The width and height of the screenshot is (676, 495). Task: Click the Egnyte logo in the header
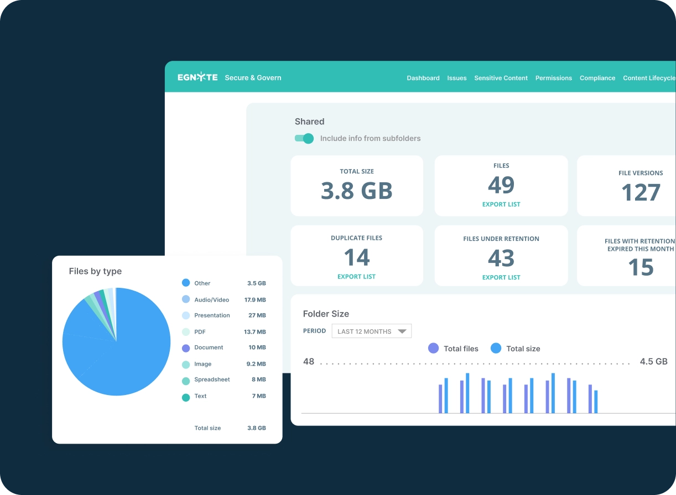[x=197, y=78]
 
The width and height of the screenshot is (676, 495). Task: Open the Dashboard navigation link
[x=423, y=78]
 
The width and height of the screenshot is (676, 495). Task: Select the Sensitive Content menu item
[x=501, y=78]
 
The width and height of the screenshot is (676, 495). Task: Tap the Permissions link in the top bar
[x=553, y=78]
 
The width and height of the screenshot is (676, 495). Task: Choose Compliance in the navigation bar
[x=597, y=78]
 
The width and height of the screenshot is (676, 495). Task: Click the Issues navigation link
[x=457, y=78]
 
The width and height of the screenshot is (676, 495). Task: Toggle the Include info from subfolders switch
[x=304, y=138]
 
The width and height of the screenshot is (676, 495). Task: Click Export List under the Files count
[x=501, y=204]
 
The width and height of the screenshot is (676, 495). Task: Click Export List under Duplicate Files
[x=356, y=277]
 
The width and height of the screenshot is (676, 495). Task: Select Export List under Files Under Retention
[x=501, y=277]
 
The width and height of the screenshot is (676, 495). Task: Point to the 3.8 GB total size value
[x=357, y=191]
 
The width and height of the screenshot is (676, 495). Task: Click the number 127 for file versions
[x=641, y=193]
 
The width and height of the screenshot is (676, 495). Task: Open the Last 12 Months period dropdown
[x=371, y=331]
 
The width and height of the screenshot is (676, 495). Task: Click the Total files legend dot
[x=434, y=349]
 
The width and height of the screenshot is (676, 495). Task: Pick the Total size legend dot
[x=496, y=349]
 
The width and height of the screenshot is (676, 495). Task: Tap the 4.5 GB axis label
[x=653, y=362]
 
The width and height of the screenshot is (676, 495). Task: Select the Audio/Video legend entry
[x=211, y=300]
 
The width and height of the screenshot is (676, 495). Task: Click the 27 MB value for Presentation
[x=257, y=315]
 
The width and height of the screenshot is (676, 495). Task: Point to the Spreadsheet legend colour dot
[x=186, y=381]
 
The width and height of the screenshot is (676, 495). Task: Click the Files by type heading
[x=95, y=271]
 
